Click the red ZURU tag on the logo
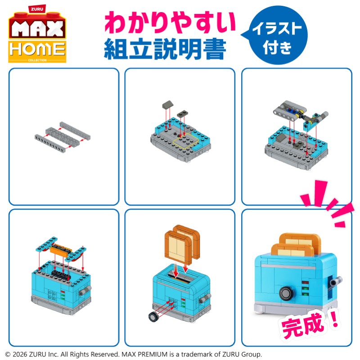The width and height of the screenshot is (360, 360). (37, 9)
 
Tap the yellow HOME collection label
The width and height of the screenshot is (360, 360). (37, 51)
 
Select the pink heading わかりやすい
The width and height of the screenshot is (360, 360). (170, 22)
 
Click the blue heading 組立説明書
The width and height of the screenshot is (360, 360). (165, 49)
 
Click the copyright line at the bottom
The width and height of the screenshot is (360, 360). (133, 354)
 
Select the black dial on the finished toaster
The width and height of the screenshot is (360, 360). (286, 294)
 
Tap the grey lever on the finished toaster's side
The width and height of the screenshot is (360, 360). (335, 282)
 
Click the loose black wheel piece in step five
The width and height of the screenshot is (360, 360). (153, 317)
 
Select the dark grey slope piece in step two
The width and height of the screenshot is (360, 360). (167, 105)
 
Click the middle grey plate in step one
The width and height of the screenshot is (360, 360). (62, 137)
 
